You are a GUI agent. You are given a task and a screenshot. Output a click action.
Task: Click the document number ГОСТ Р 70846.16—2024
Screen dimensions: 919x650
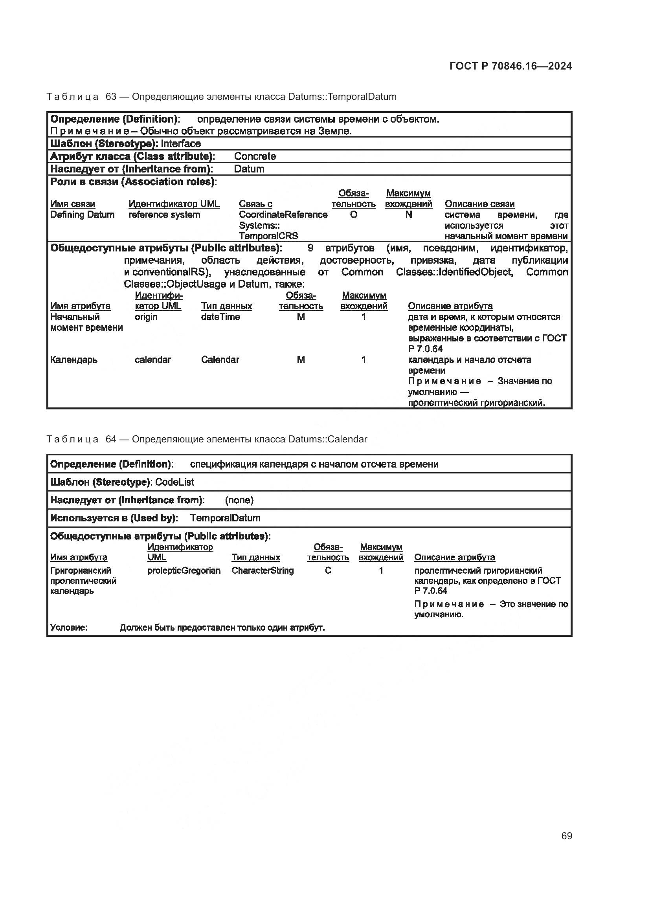coord(511,66)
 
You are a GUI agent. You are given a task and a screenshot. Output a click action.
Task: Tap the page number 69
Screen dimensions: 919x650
coord(566,836)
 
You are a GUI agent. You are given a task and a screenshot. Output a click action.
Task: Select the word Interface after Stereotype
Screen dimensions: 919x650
coord(180,144)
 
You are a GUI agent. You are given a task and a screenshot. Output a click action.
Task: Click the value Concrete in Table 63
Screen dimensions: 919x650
coord(255,156)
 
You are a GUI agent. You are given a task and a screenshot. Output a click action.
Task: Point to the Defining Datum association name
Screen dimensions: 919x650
coord(82,215)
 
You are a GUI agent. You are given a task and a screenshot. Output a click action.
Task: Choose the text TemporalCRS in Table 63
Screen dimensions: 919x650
coord(268,236)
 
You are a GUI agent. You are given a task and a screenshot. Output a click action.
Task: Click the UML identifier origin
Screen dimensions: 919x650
coord(146,317)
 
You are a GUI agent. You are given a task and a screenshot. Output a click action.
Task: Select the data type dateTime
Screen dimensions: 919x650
coord(220,317)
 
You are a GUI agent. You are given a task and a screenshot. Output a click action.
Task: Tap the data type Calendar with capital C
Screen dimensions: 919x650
coord(220,360)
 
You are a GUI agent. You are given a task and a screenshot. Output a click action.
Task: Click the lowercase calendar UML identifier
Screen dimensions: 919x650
coord(152,360)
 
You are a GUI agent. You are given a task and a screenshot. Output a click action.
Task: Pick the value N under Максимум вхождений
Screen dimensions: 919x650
coord(408,215)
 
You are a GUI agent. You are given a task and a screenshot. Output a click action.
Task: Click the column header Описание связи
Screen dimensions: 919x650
coord(479,204)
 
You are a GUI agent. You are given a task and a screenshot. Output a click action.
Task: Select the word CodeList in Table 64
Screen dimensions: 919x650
coord(174,482)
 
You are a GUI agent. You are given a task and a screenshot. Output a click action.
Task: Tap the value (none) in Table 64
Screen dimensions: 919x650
coord(239,500)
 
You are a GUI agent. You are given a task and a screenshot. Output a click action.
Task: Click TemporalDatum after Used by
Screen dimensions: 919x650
coord(225,518)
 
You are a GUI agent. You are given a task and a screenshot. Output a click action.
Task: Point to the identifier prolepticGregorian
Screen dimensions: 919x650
coord(184,570)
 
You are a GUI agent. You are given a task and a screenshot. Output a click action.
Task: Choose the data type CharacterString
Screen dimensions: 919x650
coord(262,570)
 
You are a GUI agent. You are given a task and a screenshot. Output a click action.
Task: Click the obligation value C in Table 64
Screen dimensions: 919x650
coord(328,570)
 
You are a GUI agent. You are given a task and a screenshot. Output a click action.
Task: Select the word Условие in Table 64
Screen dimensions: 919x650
coord(68,627)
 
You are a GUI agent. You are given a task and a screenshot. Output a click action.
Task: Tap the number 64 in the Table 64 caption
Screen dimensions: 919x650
coord(111,439)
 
